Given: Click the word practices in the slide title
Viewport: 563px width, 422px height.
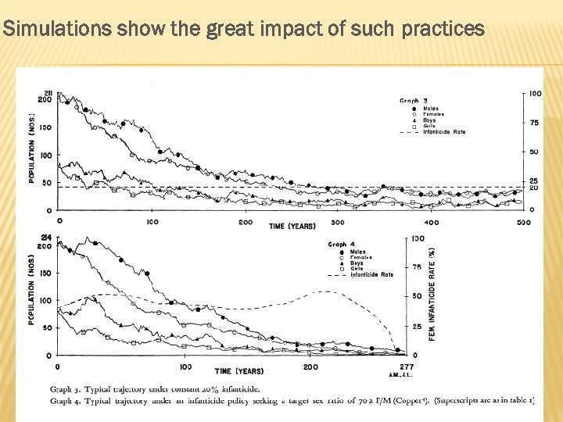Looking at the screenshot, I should pos(443,30).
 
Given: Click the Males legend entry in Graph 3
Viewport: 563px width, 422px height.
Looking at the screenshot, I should pos(431,109).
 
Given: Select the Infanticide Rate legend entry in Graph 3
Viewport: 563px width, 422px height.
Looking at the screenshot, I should pos(444,132).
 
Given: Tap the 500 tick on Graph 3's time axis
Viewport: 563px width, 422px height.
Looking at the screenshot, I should pos(523,222).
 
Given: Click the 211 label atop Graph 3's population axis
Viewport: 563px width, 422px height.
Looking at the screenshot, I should pos(47,93).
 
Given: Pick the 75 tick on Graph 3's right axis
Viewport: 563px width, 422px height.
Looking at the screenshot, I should pos(533,123).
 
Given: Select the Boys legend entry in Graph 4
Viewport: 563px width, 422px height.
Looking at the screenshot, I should pos(357,263).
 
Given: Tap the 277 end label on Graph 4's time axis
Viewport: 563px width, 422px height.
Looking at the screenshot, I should pos(405,367).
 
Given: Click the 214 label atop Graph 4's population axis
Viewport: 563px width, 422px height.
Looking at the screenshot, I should pos(47,238).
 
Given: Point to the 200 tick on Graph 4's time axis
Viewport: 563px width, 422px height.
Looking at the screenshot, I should pos(310,367).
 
